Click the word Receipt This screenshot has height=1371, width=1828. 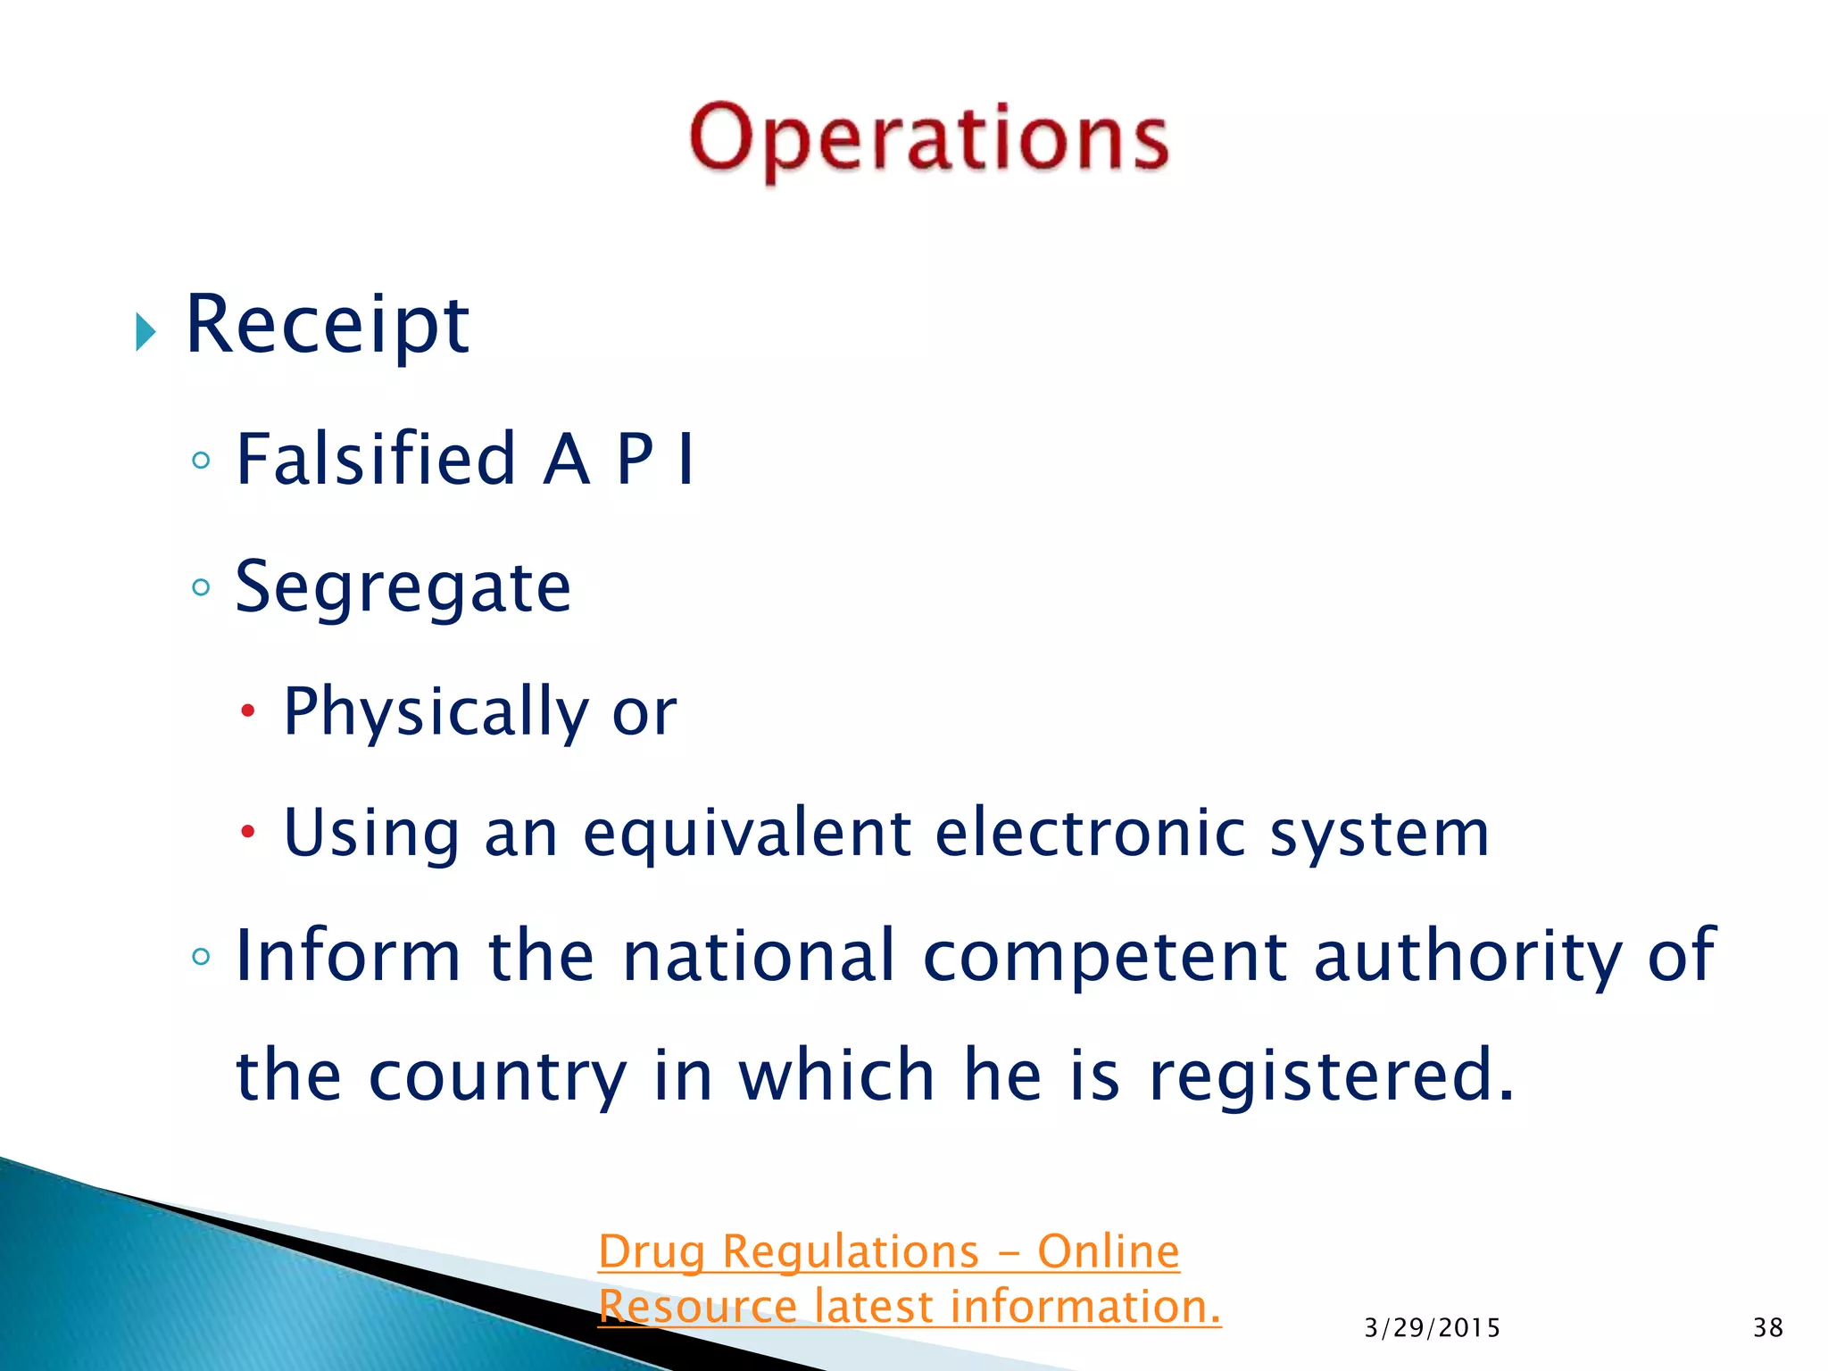(327, 325)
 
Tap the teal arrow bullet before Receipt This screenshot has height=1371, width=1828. (145, 332)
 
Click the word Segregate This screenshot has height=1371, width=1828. (403, 588)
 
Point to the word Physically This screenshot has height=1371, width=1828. (436, 711)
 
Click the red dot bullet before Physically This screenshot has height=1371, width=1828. (248, 711)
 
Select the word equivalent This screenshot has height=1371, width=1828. (747, 832)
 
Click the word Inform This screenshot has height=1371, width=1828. (348, 955)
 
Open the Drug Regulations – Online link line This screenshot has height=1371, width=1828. (888, 1251)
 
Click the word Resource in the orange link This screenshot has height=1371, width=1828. (696, 1307)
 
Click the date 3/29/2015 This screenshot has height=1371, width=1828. (1432, 1328)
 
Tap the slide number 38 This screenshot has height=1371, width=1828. (1767, 1328)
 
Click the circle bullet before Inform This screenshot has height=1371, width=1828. (202, 957)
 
